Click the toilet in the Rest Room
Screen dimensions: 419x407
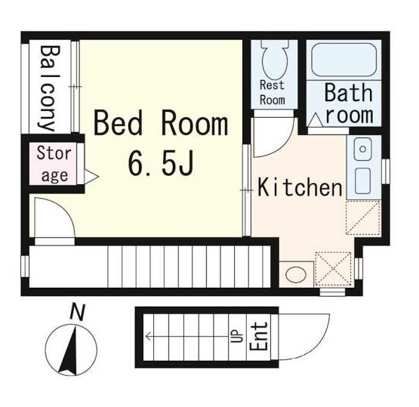pyautogui.click(x=275, y=60)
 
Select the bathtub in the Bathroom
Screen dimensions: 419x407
pyautogui.click(x=344, y=60)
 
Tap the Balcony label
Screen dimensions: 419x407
pyautogui.click(x=50, y=88)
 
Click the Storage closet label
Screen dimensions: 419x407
pyautogui.click(x=54, y=164)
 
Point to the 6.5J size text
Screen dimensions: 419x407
pyautogui.click(x=161, y=163)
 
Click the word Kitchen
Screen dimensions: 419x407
pyautogui.click(x=300, y=187)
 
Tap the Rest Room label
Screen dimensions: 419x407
pyautogui.click(x=273, y=92)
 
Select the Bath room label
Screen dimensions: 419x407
pyautogui.click(x=349, y=103)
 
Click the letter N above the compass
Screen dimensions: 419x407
pyautogui.click(x=77, y=313)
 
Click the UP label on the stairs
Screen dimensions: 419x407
pyautogui.click(x=237, y=336)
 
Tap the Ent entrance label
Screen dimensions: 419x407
pyautogui.click(x=259, y=336)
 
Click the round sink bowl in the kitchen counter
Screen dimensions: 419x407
pyautogui.click(x=362, y=149)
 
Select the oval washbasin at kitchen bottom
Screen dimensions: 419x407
pyautogui.click(x=296, y=274)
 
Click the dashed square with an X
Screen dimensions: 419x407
pyautogui.click(x=333, y=269)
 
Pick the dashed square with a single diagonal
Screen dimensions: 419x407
pyautogui.click(x=363, y=217)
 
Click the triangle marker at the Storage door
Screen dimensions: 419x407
pyautogui.click(x=91, y=176)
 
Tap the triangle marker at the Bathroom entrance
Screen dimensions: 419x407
pyautogui.click(x=316, y=119)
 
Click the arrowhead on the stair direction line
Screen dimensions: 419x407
pyautogui.click(x=148, y=336)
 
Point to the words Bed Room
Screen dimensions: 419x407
pyautogui.click(x=161, y=125)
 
